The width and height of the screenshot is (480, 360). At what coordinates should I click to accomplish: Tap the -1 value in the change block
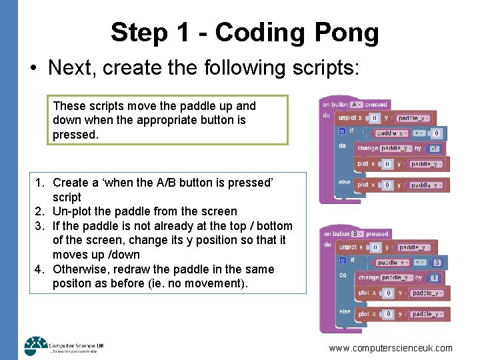point(435,148)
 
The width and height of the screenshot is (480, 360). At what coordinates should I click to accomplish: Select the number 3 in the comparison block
point(437,263)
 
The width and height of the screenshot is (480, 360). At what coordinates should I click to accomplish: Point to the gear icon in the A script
point(342,131)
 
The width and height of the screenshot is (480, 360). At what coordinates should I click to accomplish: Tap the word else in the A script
point(345,182)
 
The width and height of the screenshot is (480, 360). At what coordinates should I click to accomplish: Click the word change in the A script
point(367,148)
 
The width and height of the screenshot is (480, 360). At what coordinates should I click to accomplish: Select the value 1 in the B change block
point(435,277)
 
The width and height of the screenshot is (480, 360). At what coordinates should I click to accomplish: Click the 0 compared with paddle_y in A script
point(437,133)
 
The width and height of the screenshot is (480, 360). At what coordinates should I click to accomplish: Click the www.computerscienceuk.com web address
point(391,348)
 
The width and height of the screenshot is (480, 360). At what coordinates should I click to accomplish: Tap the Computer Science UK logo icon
point(35,345)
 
